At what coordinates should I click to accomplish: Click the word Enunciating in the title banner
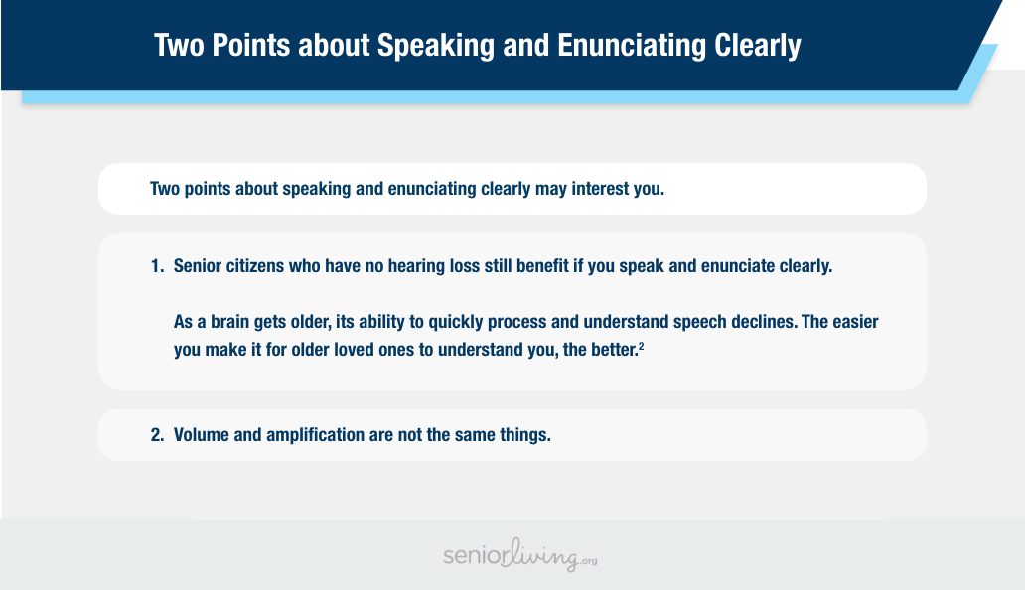[632, 46]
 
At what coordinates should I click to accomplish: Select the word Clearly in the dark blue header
[757, 46]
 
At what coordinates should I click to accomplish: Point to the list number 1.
[157, 266]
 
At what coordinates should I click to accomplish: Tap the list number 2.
[157, 435]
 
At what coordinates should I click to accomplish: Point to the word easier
[856, 322]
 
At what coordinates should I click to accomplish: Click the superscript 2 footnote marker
[642, 346]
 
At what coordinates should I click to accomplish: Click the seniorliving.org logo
[520, 556]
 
